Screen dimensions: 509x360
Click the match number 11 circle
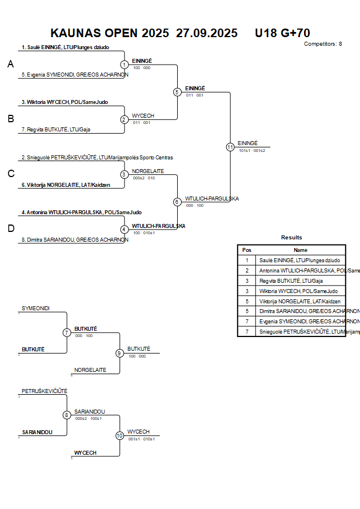point(230,147)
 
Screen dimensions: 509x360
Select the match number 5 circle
point(177,91)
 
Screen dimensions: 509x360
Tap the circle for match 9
point(119,353)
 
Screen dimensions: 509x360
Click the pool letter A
point(10,65)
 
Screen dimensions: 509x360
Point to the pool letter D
point(10,229)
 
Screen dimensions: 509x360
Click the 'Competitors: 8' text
point(323,43)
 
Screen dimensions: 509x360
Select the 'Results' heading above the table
point(291,238)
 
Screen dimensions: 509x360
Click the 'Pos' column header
point(247,250)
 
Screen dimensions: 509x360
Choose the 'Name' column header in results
point(301,250)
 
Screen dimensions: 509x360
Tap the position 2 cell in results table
point(247,270)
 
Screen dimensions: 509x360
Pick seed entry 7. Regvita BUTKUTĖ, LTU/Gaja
point(56,130)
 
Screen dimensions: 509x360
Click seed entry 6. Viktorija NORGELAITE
point(66,185)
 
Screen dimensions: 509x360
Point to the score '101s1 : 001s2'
point(252,150)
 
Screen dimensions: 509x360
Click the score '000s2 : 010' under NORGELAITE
point(143,178)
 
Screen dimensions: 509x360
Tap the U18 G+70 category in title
point(282,33)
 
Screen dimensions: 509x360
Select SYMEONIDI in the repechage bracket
point(36,308)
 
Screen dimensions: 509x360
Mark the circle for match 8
point(67,415)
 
